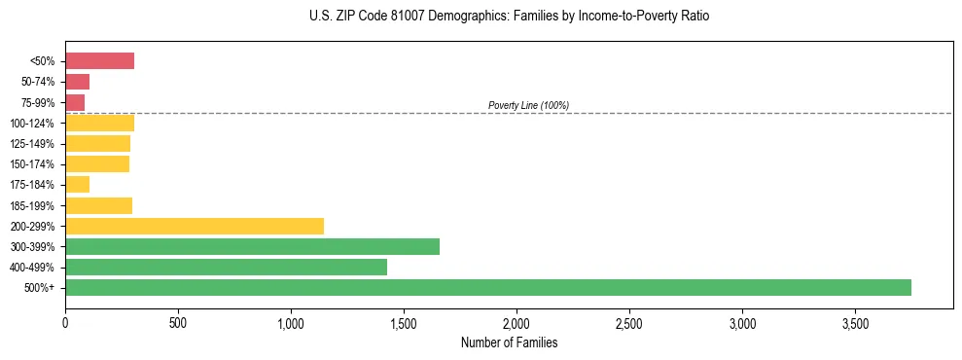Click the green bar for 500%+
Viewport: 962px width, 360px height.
point(487,287)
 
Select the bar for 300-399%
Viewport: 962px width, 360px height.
point(252,246)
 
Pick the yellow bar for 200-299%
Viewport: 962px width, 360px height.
point(195,226)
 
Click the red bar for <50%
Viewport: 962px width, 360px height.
point(99,61)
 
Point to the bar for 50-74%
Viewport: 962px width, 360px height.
point(77,82)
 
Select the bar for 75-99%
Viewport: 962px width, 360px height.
point(75,102)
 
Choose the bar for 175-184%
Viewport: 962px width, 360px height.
point(77,185)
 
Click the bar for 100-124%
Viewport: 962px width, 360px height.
point(99,123)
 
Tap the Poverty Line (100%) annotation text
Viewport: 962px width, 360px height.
point(528,105)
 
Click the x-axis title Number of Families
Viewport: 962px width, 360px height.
point(509,342)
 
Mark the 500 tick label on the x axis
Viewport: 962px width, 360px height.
point(178,322)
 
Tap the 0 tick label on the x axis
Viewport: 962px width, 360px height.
point(65,322)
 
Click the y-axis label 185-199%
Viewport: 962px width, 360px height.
point(32,205)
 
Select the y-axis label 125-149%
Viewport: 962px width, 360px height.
point(32,144)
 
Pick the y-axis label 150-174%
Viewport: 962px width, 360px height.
point(32,164)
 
